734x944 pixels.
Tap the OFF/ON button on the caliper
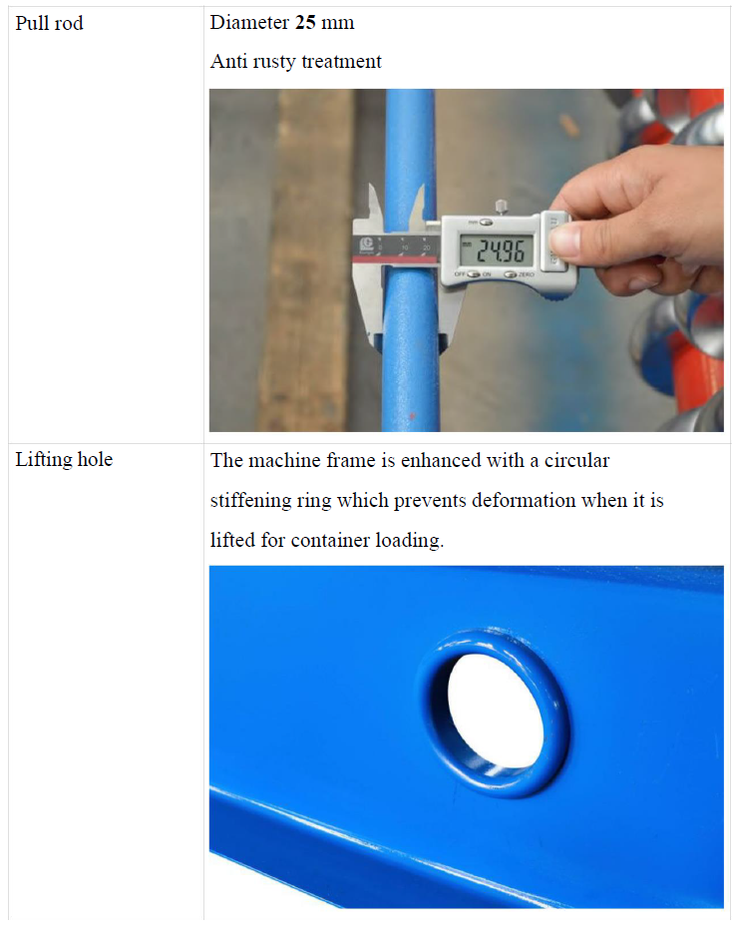pos(474,274)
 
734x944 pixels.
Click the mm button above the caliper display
pos(486,223)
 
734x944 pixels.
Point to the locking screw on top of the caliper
pos(500,208)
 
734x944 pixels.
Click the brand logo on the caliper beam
pos(366,244)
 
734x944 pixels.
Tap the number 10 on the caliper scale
pos(405,247)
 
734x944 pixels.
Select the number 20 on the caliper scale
pos(427,247)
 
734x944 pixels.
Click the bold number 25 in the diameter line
pos(305,23)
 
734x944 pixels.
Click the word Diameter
pos(249,23)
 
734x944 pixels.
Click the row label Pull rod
pos(49,24)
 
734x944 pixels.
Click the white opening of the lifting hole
pos(495,709)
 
